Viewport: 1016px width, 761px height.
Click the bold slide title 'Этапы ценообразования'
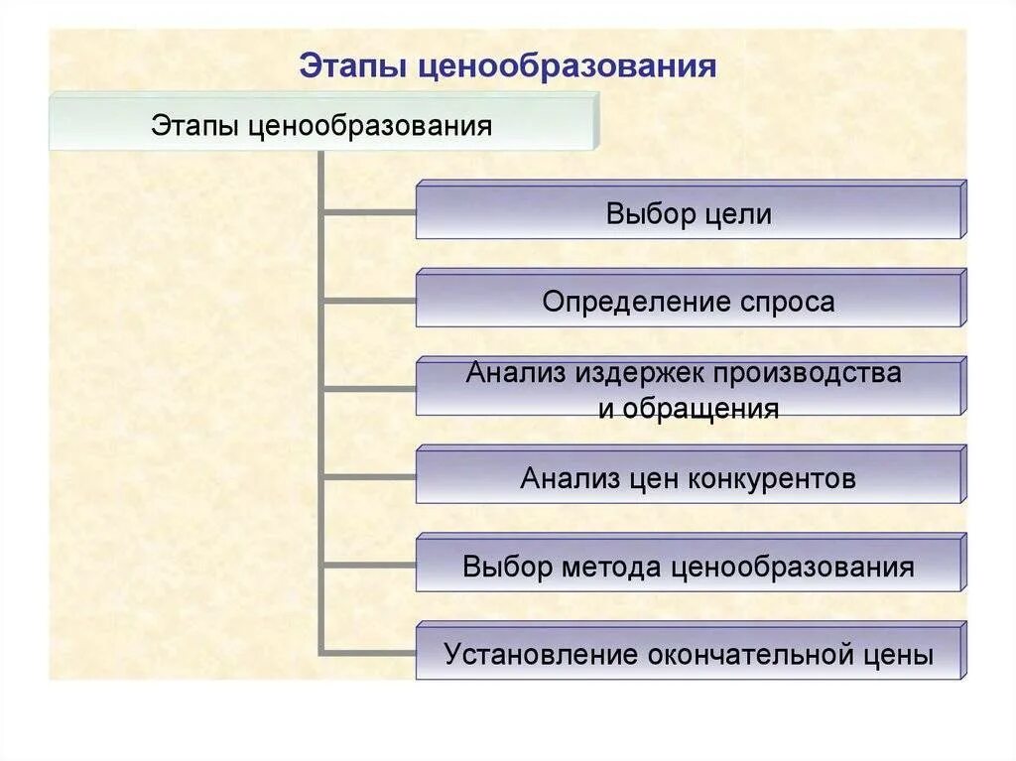[x=508, y=66]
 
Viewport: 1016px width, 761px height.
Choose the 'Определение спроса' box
[x=689, y=302]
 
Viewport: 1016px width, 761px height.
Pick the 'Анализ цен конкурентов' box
[x=689, y=479]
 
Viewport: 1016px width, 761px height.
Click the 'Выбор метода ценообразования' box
[x=689, y=568]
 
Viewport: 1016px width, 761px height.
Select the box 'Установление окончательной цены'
[x=689, y=655]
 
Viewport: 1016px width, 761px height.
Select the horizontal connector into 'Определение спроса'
[x=369, y=300]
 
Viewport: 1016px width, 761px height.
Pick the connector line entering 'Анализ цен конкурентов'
[x=369, y=476]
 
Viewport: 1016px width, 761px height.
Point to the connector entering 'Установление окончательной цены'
[x=369, y=652]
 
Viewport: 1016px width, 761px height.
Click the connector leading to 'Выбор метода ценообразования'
[x=369, y=565]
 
